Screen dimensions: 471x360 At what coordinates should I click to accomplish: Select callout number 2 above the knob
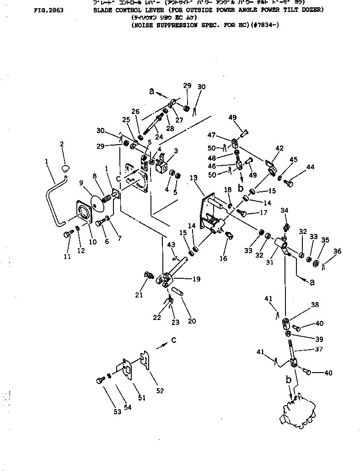point(62,145)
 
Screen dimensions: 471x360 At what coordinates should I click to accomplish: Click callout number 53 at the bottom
point(118,411)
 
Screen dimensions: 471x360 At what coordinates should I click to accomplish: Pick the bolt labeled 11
point(67,234)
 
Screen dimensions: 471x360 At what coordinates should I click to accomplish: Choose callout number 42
point(279,148)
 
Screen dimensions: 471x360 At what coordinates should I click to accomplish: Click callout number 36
point(337,251)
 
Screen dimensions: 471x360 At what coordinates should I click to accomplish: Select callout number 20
point(192,321)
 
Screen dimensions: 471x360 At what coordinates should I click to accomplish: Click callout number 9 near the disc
point(82,183)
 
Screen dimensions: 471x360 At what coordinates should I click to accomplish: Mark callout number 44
point(311,168)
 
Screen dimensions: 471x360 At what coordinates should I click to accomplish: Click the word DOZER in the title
point(313,9)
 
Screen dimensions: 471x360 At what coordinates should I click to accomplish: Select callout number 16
point(223,259)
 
